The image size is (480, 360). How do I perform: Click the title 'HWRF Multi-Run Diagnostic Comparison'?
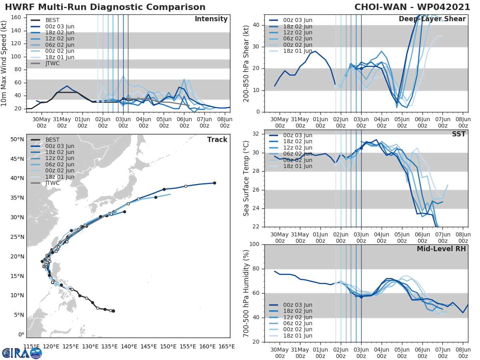(x=105, y=7)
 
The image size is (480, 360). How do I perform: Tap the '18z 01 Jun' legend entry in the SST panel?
(x=298, y=166)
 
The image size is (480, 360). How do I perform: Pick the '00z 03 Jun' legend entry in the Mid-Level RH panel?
(x=298, y=305)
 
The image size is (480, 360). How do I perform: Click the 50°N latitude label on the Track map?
(x=17, y=139)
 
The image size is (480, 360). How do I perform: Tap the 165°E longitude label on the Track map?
(x=226, y=346)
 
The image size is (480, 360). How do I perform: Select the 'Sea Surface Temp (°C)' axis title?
(x=246, y=178)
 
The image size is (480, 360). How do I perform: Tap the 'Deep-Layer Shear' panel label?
(x=432, y=19)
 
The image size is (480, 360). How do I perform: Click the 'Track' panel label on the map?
(x=217, y=140)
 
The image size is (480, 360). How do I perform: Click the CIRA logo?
(x=22, y=353)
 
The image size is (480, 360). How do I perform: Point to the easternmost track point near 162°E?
(x=214, y=183)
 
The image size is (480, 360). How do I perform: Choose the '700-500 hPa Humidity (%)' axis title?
(x=246, y=293)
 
